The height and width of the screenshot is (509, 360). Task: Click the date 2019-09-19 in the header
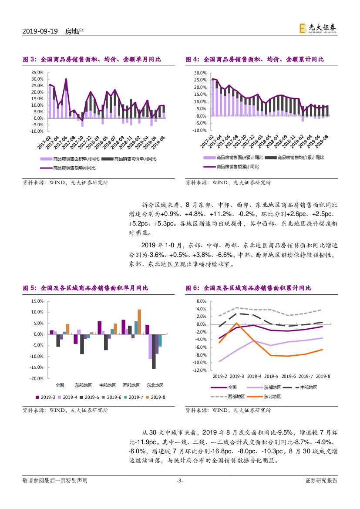click(40, 31)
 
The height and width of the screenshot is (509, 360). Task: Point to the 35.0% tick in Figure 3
click(37, 73)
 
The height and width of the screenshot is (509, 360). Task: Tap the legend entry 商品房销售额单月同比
click(74, 168)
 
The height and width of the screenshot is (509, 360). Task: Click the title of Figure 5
click(85, 288)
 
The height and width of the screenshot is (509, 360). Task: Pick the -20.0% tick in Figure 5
click(37, 378)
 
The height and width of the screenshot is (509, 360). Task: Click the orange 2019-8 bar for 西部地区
click(139, 322)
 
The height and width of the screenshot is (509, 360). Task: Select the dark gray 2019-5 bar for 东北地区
click(154, 351)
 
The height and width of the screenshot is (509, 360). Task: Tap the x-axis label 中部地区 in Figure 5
click(108, 385)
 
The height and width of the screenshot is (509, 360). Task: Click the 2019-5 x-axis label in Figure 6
click(271, 376)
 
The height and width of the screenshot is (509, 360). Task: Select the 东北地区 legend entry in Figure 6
click(272, 397)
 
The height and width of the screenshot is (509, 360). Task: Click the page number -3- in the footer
click(180, 481)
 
